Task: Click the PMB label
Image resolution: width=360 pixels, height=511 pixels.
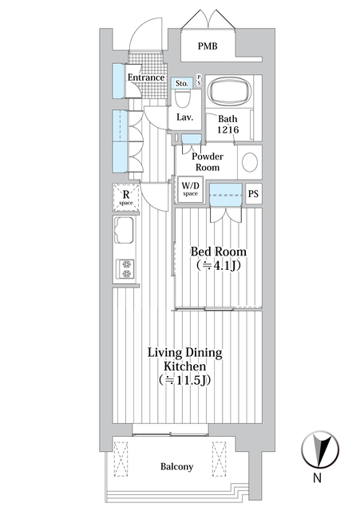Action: pos(208,46)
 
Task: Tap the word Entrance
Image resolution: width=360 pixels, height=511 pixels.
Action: pos(146,77)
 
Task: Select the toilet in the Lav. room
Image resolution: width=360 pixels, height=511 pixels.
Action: pos(183,98)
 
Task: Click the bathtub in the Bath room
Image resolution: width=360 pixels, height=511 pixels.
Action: pos(228,90)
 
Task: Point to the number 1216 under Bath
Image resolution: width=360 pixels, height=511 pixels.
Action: pos(228,130)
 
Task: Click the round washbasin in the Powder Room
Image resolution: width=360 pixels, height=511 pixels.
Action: pos(250,162)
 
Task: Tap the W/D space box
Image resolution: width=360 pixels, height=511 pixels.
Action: pos(190,190)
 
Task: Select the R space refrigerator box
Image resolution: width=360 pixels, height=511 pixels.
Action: pos(126,197)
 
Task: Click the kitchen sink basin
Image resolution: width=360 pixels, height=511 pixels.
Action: pos(125,230)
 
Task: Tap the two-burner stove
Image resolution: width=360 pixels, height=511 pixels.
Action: pos(126,269)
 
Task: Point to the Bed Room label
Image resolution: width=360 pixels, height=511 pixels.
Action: pos(218,252)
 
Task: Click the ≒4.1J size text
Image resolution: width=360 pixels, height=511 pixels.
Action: pos(219,266)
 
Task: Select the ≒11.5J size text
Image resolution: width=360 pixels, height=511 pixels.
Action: pos(184,380)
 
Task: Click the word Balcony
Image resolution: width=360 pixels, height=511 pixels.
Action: pos(176,466)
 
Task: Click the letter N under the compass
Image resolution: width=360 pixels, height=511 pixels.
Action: pos(318,478)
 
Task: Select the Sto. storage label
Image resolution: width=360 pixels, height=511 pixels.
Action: pos(182,83)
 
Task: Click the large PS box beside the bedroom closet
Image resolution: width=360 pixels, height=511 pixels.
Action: pos(254,194)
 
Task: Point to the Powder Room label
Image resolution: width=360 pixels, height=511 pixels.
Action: pos(208,162)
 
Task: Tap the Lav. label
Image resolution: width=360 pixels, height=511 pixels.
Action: pos(184,117)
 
